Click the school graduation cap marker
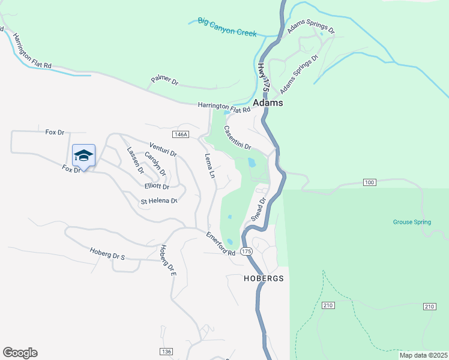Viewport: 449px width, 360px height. point(84,156)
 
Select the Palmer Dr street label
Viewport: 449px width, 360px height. point(164,80)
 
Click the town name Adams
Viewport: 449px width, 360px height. point(268,103)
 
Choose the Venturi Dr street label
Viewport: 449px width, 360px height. point(163,149)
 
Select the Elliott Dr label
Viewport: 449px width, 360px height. point(156,187)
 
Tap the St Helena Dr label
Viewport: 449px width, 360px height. point(159,202)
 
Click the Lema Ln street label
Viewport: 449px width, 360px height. point(209,167)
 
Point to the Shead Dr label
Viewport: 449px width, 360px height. point(258,209)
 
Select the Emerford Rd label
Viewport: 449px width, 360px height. point(221,245)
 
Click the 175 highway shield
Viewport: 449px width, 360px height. point(246,251)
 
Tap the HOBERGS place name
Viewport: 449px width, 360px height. point(263,279)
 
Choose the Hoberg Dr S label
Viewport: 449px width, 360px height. point(107,254)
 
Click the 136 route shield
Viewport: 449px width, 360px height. point(166,351)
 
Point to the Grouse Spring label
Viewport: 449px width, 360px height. point(412,222)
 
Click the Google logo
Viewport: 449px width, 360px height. point(20,353)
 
